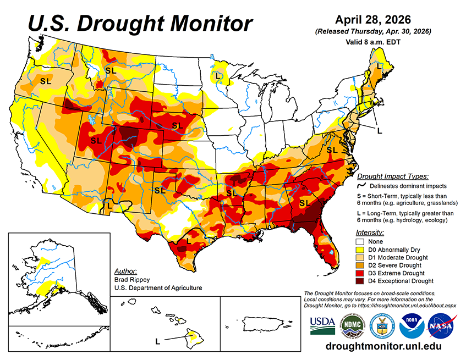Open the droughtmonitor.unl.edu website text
(383, 347)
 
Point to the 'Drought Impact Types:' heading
(392, 176)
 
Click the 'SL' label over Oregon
(45, 80)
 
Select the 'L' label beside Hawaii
(158, 341)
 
